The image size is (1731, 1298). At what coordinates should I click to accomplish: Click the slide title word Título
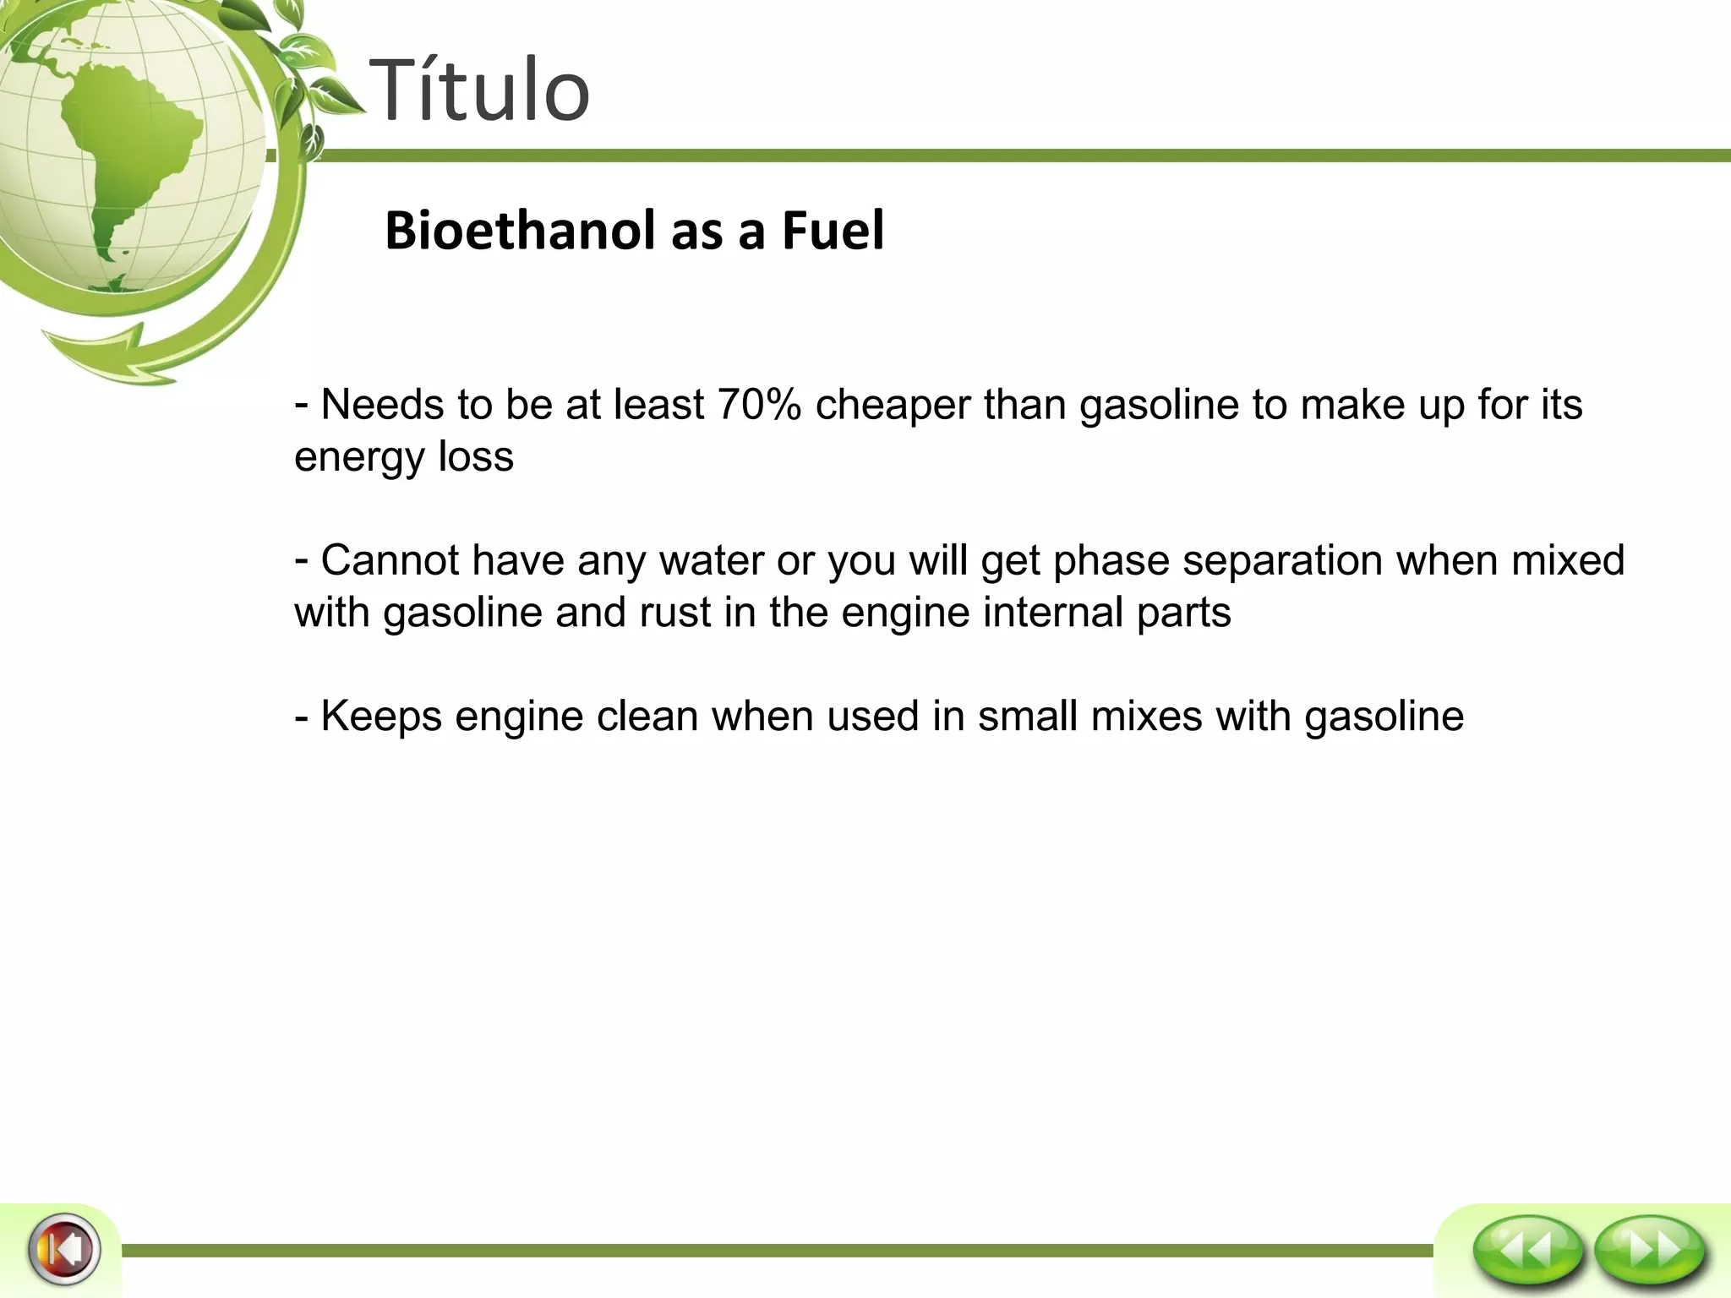point(479,90)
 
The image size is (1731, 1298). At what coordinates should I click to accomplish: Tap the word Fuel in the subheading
point(833,230)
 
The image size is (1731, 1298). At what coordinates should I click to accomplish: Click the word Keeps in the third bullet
point(381,717)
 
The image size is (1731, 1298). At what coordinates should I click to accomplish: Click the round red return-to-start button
point(64,1248)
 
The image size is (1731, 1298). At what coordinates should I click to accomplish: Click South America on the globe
point(127,161)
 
